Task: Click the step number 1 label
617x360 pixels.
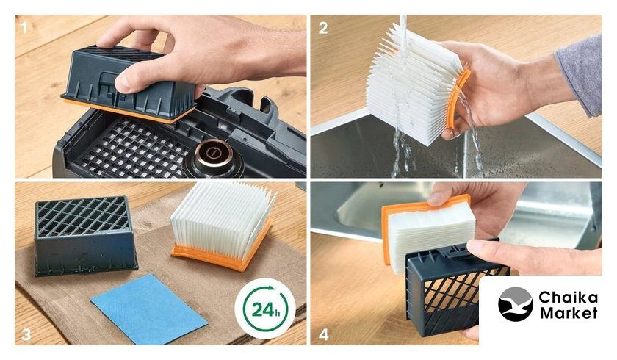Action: (x=24, y=28)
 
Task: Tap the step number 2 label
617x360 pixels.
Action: (x=323, y=28)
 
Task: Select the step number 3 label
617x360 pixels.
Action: (x=26, y=334)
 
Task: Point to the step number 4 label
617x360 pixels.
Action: (x=323, y=334)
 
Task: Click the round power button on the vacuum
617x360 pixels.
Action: (x=213, y=152)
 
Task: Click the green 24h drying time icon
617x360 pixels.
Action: (x=265, y=309)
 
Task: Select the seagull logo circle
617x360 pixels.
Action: (x=516, y=304)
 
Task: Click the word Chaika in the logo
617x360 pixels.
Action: (x=569, y=297)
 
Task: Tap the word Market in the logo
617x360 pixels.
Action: (x=569, y=313)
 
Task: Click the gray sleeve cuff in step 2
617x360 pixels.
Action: (x=581, y=75)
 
